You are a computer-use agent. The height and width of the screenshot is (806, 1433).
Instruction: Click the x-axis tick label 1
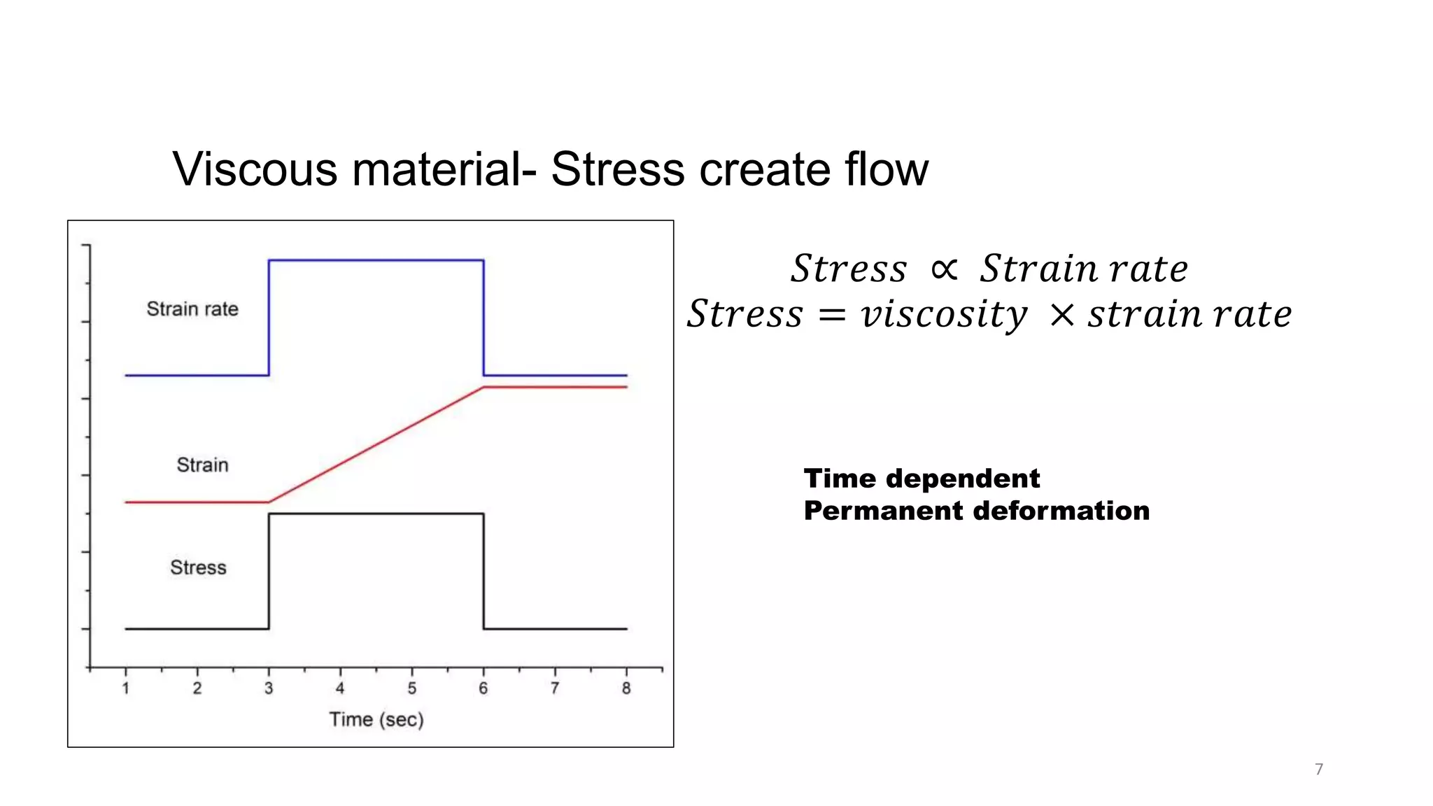pos(126,688)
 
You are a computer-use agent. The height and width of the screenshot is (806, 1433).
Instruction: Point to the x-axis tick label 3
pos(269,688)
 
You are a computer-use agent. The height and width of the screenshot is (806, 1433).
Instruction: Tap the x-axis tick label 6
pos(483,688)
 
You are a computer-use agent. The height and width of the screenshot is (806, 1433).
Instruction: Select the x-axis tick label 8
pos(626,688)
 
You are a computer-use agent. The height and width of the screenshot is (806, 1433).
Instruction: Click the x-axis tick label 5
pos(411,688)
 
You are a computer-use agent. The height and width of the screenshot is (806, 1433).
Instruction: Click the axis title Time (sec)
pos(376,719)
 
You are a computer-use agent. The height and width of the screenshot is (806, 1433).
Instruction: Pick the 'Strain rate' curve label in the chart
pos(192,309)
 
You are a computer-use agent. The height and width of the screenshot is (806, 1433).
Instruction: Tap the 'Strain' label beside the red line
pos(202,465)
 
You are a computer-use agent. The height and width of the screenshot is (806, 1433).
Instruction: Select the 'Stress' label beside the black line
pos(198,567)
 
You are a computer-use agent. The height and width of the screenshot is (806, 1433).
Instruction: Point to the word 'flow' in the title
pos(886,170)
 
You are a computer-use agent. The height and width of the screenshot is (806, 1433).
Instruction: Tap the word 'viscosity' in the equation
pos(944,314)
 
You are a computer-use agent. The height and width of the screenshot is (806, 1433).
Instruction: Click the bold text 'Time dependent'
pos(922,479)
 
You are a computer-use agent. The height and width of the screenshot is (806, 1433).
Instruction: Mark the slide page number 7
pos(1319,770)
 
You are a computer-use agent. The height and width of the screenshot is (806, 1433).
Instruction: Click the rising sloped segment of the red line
pos(376,444)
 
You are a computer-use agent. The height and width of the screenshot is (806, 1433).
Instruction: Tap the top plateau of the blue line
pos(376,260)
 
